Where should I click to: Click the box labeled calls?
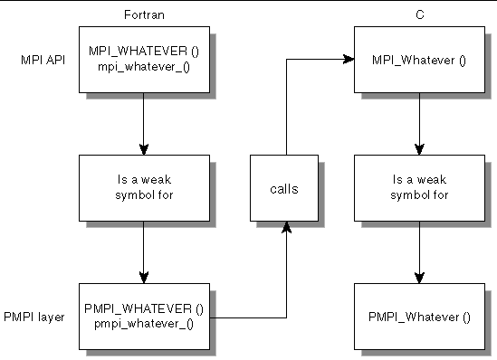[x=286, y=189]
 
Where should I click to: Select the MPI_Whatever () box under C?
[x=419, y=61]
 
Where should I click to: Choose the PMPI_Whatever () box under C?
[x=419, y=317]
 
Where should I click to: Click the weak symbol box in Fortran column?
[x=143, y=188]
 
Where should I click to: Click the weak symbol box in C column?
[x=419, y=188]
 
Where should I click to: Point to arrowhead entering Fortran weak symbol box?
[x=143, y=149]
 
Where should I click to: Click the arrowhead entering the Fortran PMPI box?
[x=143, y=277]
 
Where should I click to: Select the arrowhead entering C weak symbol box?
[x=419, y=149]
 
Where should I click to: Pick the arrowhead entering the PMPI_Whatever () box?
[x=419, y=277]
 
